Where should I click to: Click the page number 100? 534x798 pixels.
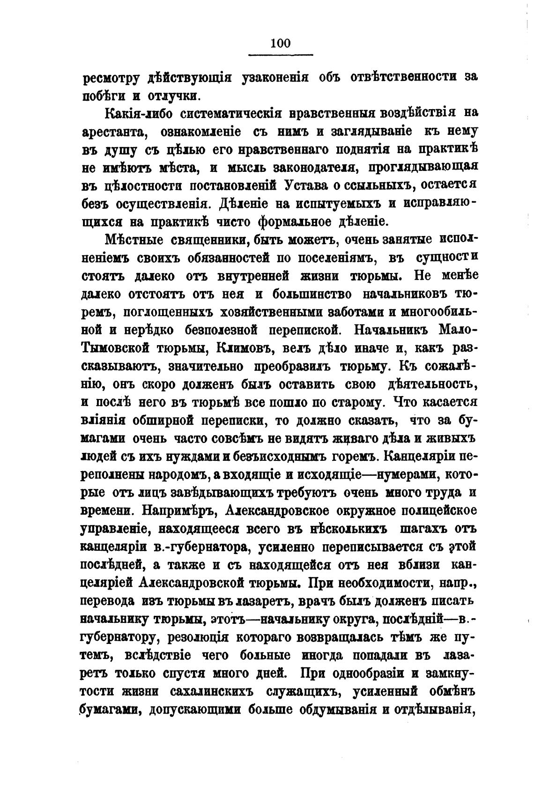pos(280,43)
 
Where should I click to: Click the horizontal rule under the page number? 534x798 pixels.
pos(280,56)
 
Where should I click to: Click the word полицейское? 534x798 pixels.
pos(430,511)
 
